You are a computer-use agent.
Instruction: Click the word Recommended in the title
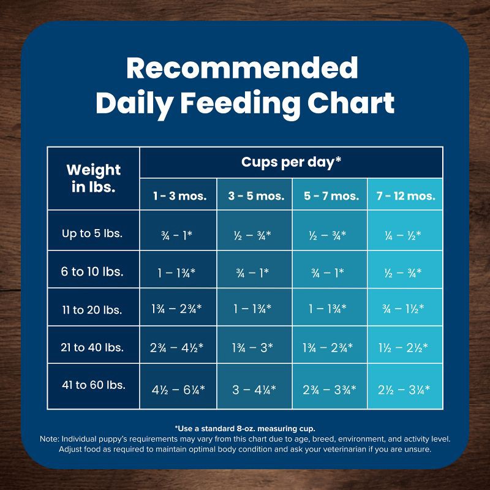point(242,68)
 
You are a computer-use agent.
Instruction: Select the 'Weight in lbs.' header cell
point(93,178)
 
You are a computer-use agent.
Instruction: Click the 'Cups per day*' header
point(292,162)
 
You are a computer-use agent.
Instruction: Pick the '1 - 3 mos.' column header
point(179,196)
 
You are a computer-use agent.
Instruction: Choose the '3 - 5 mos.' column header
point(255,196)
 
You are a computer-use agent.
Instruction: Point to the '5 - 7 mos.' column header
point(331,196)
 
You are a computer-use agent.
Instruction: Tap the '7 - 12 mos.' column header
point(405,196)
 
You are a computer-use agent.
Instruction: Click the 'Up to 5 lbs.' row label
point(92,233)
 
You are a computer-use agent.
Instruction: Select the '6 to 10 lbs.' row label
point(92,271)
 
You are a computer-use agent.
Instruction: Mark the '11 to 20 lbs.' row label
point(92,309)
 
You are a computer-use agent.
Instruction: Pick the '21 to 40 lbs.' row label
point(92,347)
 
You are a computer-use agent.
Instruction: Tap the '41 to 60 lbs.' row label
point(94,385)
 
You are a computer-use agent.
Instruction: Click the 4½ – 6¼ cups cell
point(178,388)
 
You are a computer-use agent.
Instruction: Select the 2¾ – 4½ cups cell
point(178,347)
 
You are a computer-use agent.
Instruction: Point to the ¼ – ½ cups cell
point(405,234)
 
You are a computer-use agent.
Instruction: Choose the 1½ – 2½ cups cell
point(405,347)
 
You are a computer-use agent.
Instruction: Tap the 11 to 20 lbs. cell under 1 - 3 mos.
point(178,309)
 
